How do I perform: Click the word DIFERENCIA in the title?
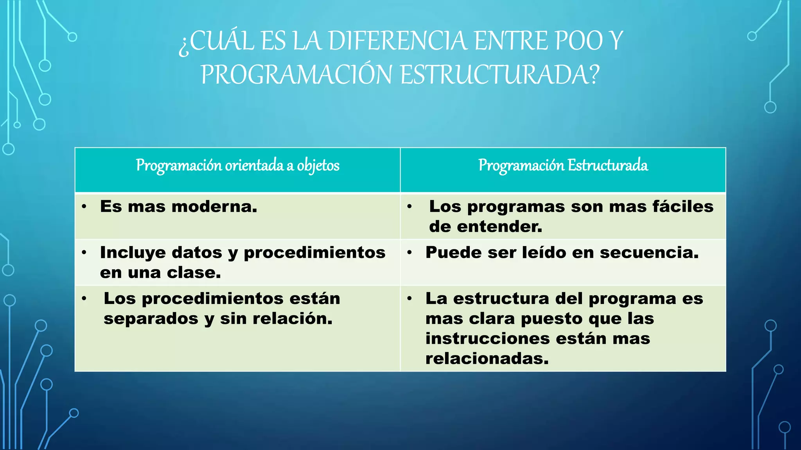pyautogui.click(x=397, y=41)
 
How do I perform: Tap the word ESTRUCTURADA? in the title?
pyautogui.click(x=500, y=75)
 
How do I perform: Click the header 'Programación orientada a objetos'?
pyautogui.click(x=237, y=166)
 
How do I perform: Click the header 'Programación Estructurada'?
pyautogui.click(x=563, y=166)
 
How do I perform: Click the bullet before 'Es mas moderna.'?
pyautogui.click(x=84, y=206)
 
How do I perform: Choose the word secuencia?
pyautogui.click(x=649, y=253)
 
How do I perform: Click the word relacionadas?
pyautogui.click(x=487, y=359)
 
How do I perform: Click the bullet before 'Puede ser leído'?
pyautogui.click(x=409, y=253)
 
